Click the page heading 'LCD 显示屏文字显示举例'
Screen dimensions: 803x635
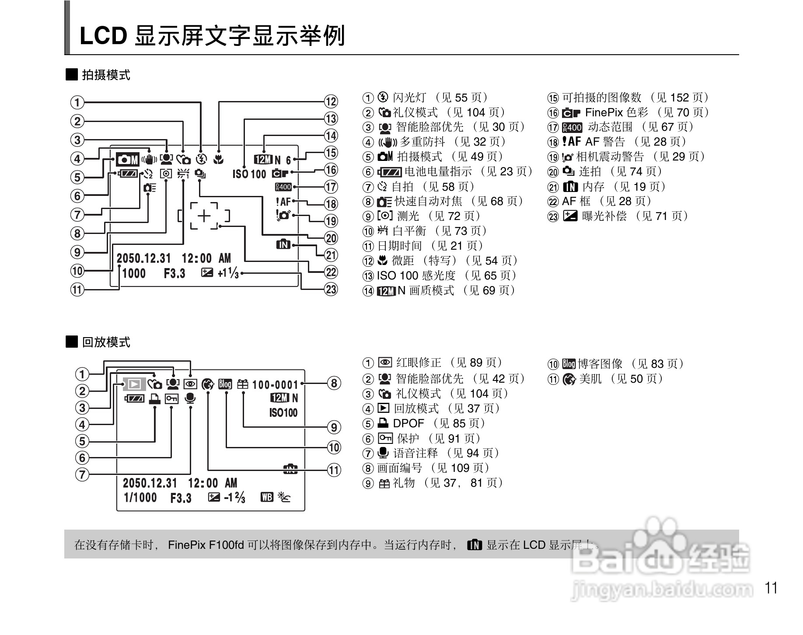coord(212,36)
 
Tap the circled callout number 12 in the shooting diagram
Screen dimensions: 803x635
coord(331,101)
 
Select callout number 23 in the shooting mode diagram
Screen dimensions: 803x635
coord(331,289)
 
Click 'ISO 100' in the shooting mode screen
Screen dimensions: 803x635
coord(249,174)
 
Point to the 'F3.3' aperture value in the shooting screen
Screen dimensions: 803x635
coord(175,274)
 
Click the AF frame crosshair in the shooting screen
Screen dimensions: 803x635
coord(204,216)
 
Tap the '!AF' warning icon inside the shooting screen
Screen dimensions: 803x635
coord(283,202)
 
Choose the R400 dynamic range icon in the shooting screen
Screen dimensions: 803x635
coord(283,187)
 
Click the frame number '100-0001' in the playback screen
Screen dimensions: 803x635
coord(275,385)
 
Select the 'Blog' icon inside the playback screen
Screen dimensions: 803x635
coord(225,384)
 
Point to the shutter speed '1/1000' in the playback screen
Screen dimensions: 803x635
coord(140,497)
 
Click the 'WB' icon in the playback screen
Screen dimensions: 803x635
coord(267,497)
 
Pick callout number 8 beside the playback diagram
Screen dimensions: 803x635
coord(334,384)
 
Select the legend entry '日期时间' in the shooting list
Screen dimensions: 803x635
coord(399,246)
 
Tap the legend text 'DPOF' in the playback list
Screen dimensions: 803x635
coord(408,423)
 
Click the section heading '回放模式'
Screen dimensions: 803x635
coord(106,342)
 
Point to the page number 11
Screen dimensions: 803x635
coord(772,588)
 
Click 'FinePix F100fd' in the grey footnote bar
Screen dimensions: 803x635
coord(206,545)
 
